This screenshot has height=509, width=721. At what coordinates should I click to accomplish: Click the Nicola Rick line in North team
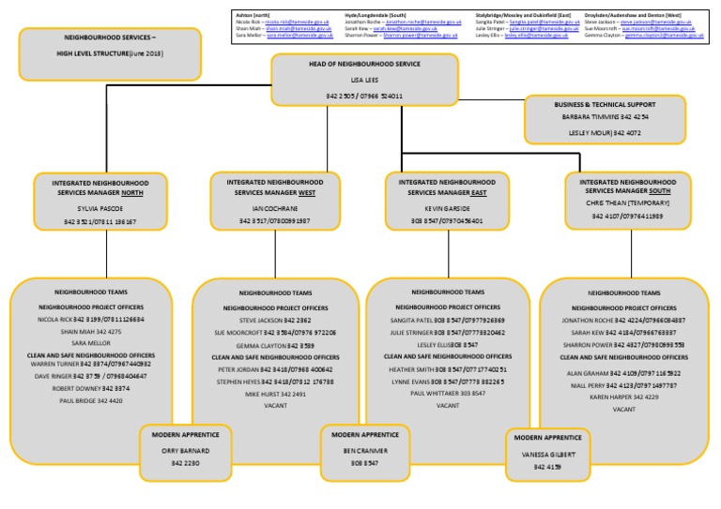(x=91, y=319)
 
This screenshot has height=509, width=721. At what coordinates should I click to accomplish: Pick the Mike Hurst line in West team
(x=275, y=395)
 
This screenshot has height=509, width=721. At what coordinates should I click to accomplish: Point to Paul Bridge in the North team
(x=91, y=400)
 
